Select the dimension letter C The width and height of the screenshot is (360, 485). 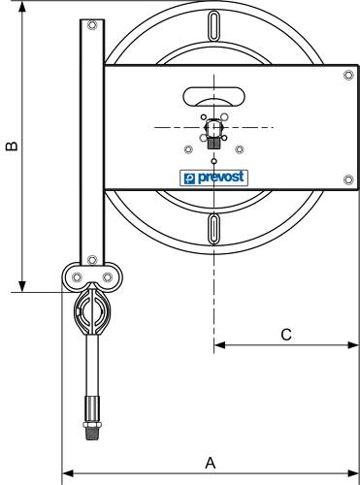pyautogui.click(x=286, y=334)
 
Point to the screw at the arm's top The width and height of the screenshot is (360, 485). pyautogui.click(x=91, y=26)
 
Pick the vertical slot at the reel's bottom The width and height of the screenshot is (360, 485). pyautogui.click(x=213, y=232)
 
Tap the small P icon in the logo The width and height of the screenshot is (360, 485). pyautogui.click(x=189, y=178)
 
